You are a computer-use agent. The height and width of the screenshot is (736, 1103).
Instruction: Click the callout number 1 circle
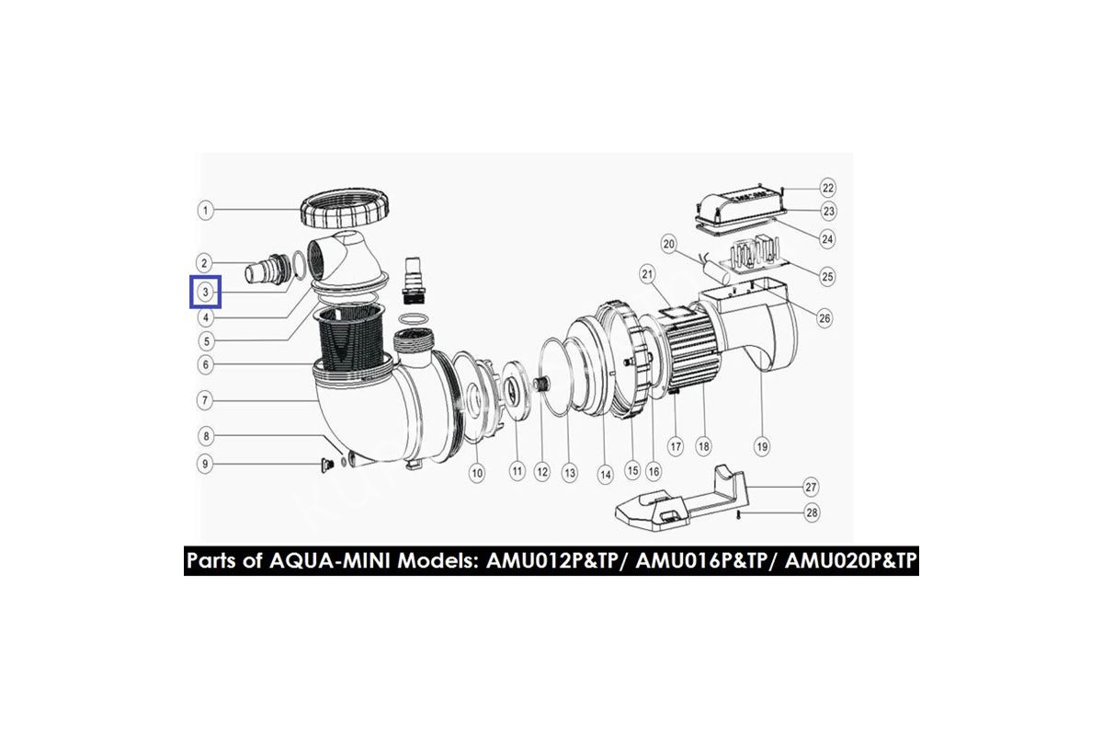(x=205, y=211)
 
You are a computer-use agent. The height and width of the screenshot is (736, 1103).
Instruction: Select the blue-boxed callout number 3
(x=205, y=292)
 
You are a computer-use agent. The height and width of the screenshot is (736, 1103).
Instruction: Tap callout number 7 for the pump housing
(x=205, y=400)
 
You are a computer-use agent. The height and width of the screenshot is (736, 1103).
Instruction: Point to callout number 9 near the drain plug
(x=205, y=464)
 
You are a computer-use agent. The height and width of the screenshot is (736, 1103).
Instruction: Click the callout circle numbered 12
(x=542, y=472)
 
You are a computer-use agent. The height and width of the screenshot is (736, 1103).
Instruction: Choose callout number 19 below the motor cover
(x=762, y=447)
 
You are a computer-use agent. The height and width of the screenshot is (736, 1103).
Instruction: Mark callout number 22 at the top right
(x=828, y=188)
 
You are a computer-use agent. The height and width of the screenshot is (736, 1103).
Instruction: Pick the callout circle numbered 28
(x=812, y=512)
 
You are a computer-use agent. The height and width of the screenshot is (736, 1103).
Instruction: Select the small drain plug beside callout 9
(x=327, y=465)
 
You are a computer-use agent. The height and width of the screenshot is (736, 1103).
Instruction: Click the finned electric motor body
(x=689, y=351)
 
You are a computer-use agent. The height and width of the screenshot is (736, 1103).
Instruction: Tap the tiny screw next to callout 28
(x=740, y=514)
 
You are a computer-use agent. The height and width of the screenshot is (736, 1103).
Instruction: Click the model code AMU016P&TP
(x=701, y=561)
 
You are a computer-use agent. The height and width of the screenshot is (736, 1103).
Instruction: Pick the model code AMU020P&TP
(x=851, y=561)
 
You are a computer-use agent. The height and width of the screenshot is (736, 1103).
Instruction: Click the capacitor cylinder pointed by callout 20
(x=714, y=272)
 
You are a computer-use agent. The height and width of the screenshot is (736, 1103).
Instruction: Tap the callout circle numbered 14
(x=605, y=475)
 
